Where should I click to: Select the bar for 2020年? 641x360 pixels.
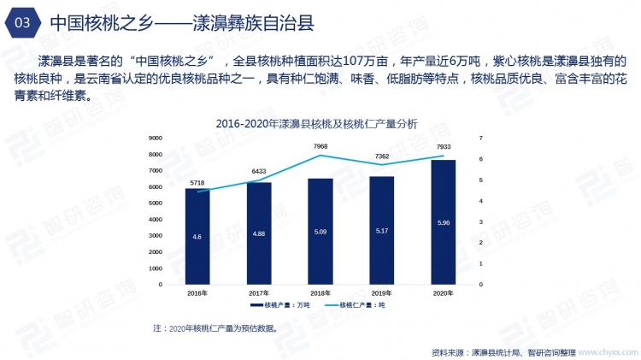(443, 222)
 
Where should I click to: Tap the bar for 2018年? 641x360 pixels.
(320, 231)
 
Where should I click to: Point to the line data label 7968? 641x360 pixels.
(320, 146)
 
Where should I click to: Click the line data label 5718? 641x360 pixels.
(197, 183)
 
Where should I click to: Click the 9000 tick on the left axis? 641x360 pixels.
(156, 139)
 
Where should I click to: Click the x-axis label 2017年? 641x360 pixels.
(258, 293)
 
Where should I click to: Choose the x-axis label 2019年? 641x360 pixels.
(381, 293)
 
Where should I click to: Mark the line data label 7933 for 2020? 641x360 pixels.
(443, 146)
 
